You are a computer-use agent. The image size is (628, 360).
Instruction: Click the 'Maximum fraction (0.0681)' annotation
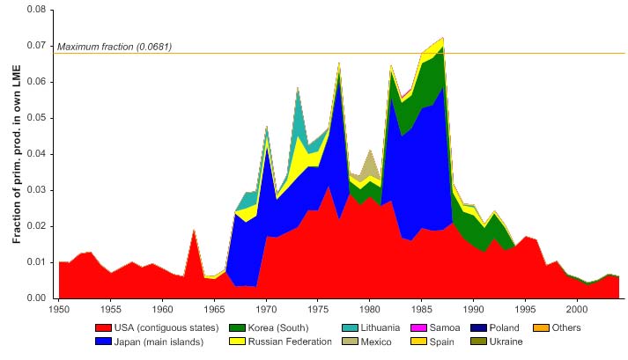click(x=115, y=47)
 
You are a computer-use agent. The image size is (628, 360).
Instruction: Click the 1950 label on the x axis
click(x=60, y=310)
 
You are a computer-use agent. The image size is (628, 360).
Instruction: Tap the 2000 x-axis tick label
click(x=577, y=310)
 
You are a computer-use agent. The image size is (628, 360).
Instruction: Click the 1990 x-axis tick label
click(x=474, y=310)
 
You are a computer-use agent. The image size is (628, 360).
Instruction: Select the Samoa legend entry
click(x=454, y=328)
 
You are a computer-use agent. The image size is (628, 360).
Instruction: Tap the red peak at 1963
click(x=194, y=231)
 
